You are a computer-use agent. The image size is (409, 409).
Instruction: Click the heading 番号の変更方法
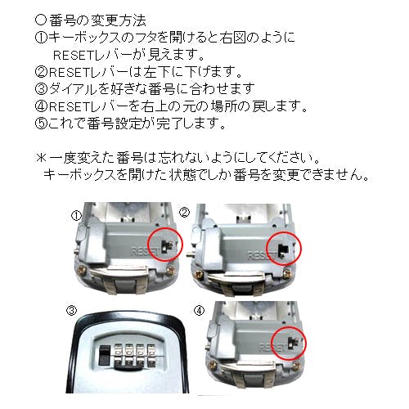coord(97,20)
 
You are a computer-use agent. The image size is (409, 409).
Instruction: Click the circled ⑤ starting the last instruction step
coord(41,124)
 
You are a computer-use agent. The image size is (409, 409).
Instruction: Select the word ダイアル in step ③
coord(73,88)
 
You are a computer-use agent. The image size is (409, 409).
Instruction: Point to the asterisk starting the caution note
coord(42,158)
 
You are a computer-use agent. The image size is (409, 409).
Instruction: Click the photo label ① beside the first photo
coord(76,216)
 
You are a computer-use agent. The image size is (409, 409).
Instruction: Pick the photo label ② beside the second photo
coord(184,212)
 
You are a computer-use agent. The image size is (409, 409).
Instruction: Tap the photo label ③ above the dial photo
coord(71,310)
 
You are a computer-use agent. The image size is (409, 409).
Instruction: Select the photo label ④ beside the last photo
coord(199,310)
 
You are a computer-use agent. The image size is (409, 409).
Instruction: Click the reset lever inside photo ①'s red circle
coord(166,245)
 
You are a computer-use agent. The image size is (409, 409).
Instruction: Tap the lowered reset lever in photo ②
coord(284,250)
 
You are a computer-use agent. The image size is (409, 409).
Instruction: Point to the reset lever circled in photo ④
coord(293,342)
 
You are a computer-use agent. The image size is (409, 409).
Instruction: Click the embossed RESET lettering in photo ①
coord(146,251)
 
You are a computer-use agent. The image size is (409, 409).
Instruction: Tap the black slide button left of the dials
coord(104,356)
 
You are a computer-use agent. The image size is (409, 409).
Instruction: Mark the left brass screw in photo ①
coord(83,270)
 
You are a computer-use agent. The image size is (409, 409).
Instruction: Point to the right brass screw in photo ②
coord(287,274)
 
